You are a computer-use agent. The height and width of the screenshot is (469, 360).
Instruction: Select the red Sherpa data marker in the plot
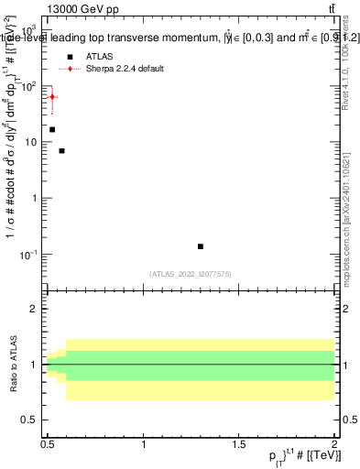[x=52, y=96]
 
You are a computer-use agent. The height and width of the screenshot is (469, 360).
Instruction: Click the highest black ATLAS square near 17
[x=52, y=129]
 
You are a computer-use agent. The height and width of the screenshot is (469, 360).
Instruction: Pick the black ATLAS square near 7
[x=61, y=150]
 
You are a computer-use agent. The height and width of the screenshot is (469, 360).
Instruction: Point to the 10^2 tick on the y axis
[x=31, y=86]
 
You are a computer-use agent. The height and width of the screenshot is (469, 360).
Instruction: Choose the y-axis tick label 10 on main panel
[x=33, y=142]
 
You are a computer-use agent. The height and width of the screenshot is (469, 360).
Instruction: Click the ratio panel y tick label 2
[x=37, y=310]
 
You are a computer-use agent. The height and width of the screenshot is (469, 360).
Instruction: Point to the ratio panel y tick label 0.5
[x=33, y=420]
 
